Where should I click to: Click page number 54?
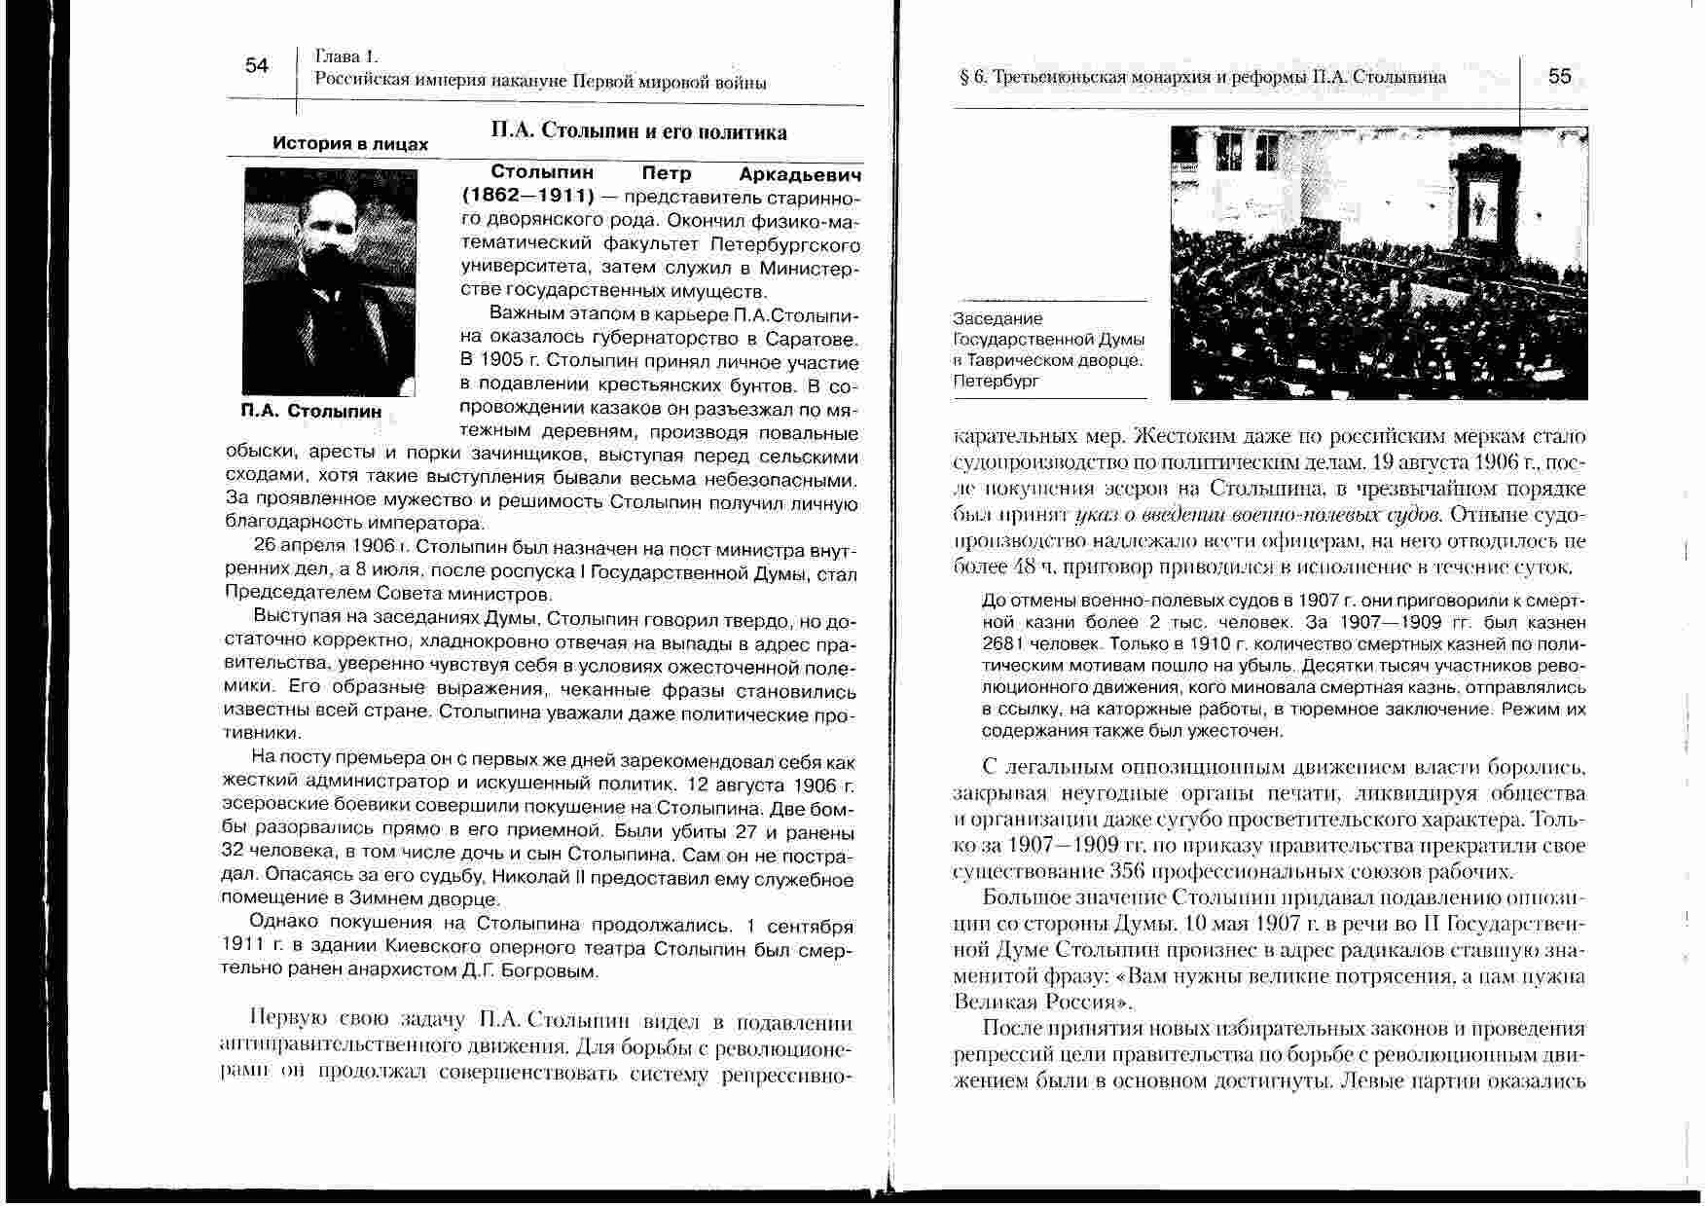(257, 66)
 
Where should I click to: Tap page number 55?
(1559, 76)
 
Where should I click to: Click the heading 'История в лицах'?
(350, 144)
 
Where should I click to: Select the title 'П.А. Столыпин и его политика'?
(638, 131)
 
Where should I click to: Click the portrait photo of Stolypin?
(331, 281)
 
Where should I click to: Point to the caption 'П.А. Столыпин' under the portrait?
(311, 411)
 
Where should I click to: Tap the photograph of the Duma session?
(1378, 263)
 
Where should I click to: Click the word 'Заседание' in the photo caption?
(998, 318)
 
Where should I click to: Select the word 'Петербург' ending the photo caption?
(997, 381)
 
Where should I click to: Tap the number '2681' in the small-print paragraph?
(1004, 643)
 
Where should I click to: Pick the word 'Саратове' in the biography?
(814, 340)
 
